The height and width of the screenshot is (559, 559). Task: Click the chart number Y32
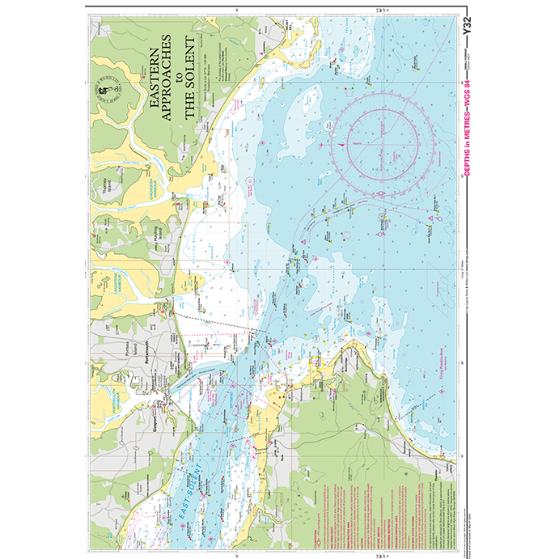(465, 30)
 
